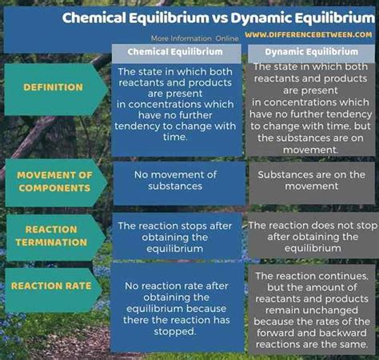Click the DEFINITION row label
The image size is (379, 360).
tap(53, 87)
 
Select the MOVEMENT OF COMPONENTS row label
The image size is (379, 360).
tap(54, 182)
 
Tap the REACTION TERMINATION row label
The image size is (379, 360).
tap(51, 236)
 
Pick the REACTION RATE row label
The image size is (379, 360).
tap(51, 286)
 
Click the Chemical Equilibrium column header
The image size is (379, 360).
tap(175, 52)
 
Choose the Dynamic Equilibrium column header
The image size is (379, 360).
tap(312, 52)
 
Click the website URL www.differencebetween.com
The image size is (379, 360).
tap(309, 34)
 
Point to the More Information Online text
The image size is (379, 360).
tap(194, 38)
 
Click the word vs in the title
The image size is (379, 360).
tap(220, 18)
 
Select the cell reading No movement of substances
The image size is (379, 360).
tap(175, 180)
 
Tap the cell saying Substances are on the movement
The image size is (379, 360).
tap(311, 180)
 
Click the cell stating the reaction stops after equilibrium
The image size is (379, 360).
tap(175, 238)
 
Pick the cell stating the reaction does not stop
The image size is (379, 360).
tap(313, 237)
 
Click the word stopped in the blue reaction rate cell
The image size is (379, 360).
tap(174, 331)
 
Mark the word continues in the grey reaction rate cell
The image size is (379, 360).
tap(342, 276)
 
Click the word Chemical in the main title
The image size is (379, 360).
tap(94, 18)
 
